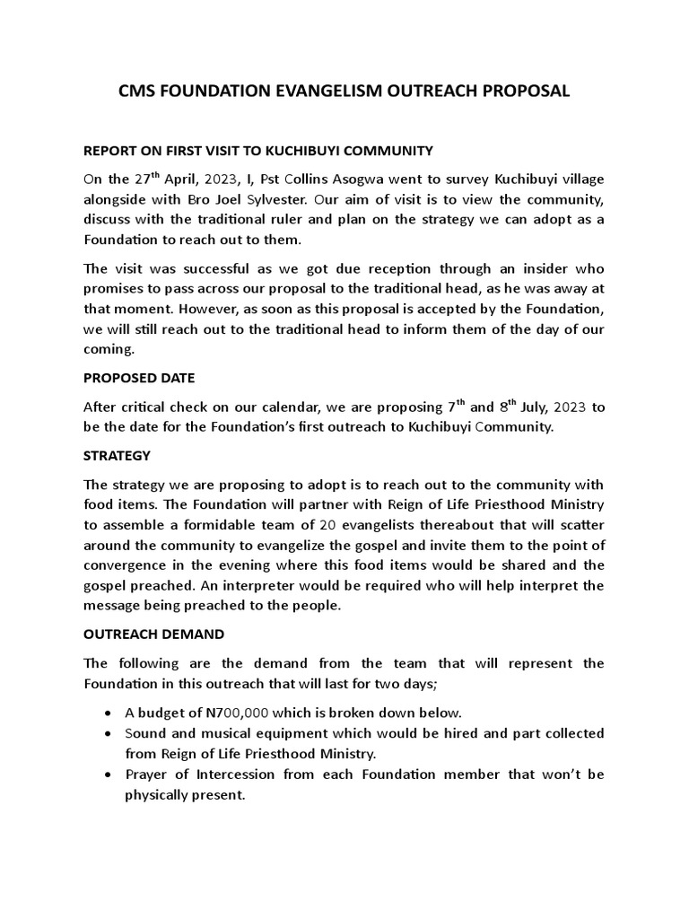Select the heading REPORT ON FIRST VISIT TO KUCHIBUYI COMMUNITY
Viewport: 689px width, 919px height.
point(258,150)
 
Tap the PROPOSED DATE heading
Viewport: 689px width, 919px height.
point(138,378)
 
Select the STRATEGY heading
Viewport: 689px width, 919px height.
point(117,456)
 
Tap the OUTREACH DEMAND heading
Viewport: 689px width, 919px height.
point(153,634)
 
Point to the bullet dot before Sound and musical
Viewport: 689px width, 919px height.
point(109,733)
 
